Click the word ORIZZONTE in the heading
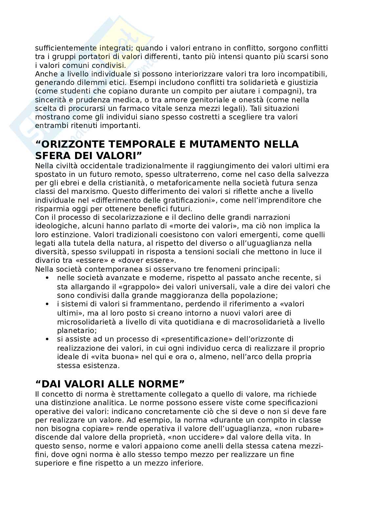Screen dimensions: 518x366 79,144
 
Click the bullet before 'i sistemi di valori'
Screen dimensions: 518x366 47,304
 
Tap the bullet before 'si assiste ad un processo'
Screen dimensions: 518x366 47,339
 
